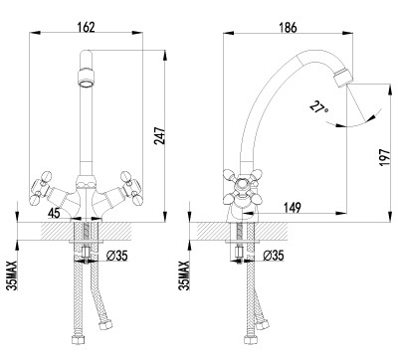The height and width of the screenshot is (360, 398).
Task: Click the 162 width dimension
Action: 86,27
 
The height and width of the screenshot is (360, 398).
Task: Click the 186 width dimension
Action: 288,28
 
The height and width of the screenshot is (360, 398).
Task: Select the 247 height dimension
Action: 159,135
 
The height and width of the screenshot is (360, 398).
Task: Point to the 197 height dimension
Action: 385,157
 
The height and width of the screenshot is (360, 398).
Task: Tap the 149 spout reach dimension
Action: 293,208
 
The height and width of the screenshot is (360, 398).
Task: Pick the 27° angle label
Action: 318,107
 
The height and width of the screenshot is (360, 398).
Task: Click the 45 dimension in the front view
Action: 54,213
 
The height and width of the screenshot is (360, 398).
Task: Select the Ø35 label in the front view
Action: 116,256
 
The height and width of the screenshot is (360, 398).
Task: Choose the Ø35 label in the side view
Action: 274,256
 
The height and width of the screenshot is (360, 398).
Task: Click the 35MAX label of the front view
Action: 12,275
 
